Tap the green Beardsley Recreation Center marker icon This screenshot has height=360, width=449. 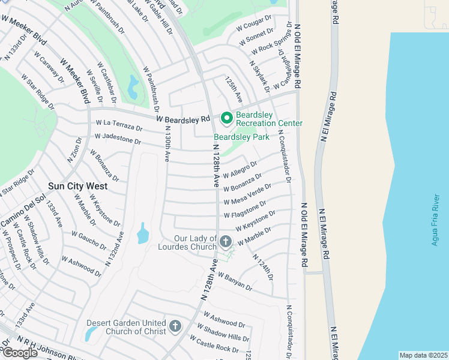227,118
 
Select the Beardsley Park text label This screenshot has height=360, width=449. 241,137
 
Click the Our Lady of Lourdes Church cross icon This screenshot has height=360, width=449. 226,242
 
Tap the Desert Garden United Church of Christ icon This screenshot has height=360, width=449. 175,326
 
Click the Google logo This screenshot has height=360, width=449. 20,352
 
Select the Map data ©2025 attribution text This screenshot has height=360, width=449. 423,355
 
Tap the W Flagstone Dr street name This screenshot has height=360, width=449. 246,210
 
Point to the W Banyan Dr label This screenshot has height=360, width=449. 235,281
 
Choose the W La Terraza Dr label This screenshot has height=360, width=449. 118,125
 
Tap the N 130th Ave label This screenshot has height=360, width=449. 166,143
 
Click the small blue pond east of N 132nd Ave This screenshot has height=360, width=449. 142,234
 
